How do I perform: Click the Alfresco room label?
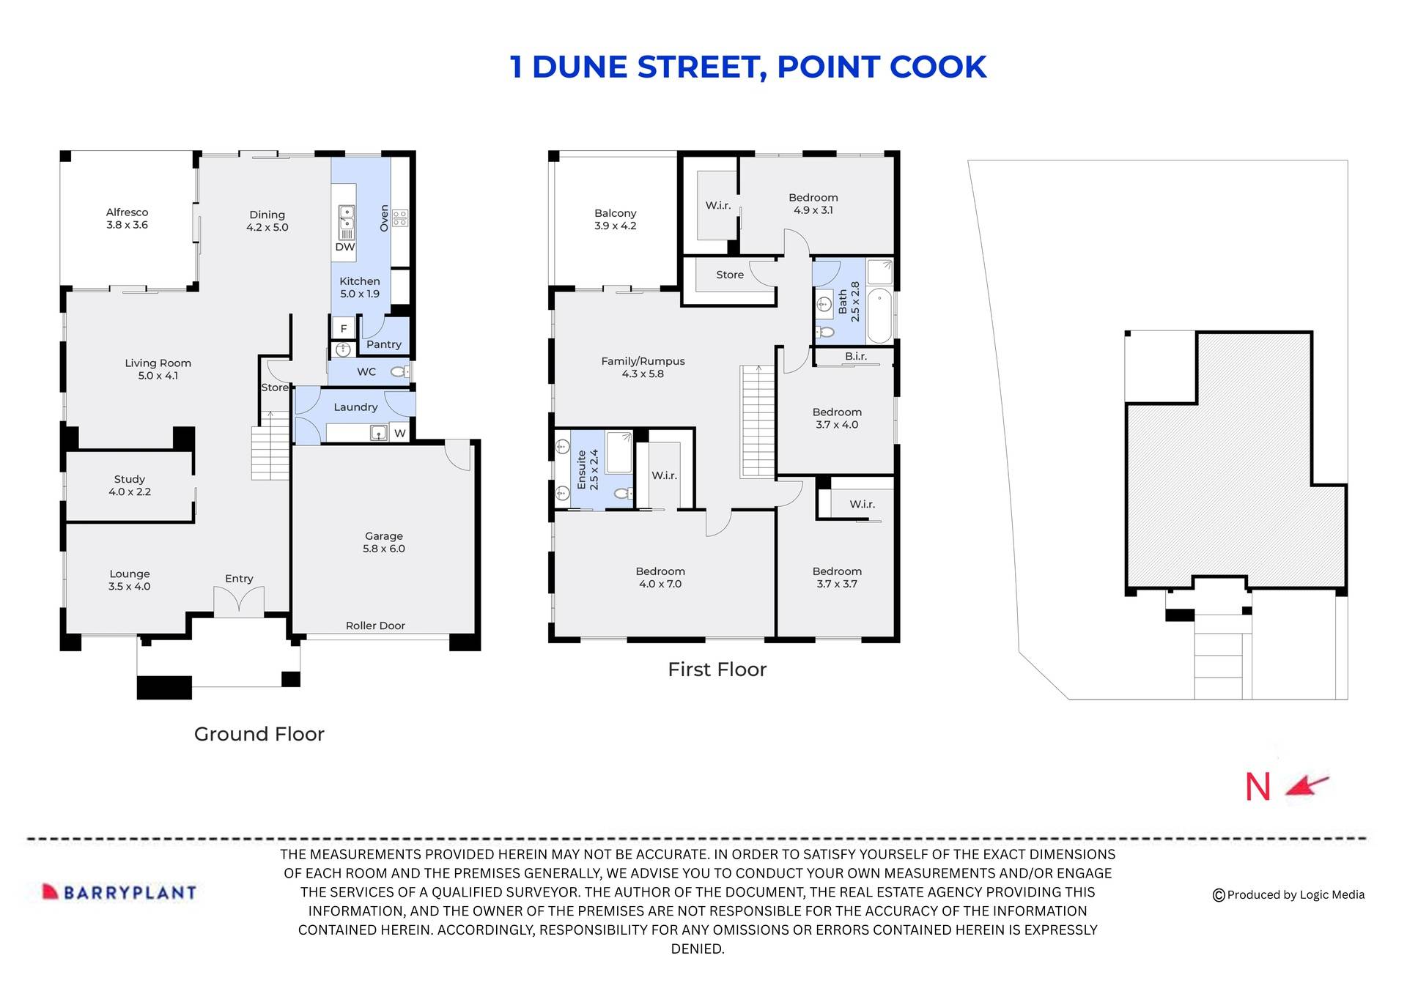point(127,218)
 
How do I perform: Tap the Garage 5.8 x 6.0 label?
point(383,542)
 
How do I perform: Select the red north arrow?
point(1308,786)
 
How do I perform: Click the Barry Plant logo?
point(119,892)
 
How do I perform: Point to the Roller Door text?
point(375,626)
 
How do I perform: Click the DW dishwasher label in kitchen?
point(344,248)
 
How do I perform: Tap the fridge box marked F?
point(343,328)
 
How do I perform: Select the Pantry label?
point(383,344)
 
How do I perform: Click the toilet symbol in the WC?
point(399,372)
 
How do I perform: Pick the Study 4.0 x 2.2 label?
point(130,486)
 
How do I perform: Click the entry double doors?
point(239,602)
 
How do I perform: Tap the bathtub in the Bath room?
point(879,316)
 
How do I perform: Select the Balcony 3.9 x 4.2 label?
point(615,220)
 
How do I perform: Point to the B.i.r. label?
point(855,356)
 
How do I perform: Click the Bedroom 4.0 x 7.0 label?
point(660,577)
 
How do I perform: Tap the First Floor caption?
point(717,670)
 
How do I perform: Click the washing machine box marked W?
point(399,433)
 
